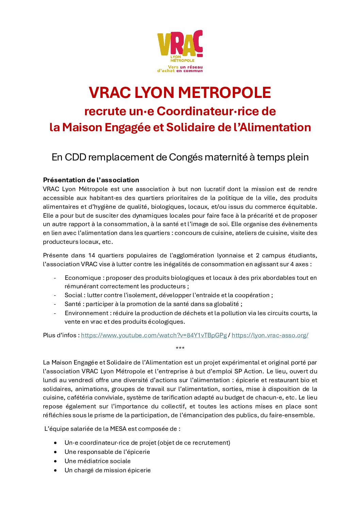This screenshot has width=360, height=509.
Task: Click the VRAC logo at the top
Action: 180,51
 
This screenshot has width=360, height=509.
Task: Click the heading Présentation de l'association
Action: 91,180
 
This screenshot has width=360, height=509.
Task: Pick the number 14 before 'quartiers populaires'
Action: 92,255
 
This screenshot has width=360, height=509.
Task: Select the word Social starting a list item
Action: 73,295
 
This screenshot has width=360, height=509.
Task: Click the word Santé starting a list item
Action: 73,304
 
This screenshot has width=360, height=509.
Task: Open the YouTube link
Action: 154,335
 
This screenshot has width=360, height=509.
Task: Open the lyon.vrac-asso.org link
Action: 270,335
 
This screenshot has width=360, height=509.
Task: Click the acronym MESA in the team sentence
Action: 118,429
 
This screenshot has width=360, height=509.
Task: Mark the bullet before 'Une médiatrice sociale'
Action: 55,461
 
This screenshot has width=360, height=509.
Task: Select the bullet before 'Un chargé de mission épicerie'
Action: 55,470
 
